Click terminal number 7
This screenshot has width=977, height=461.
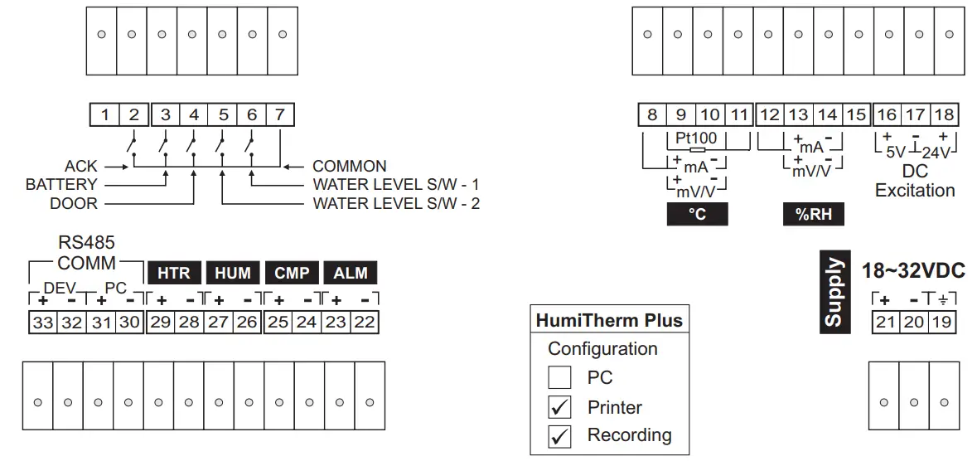pos(281,114)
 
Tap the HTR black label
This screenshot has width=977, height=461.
pos(173,273)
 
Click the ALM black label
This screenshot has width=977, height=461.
pos(350,273)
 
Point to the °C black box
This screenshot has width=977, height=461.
pos(697,214)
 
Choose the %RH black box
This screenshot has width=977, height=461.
pos(813,214)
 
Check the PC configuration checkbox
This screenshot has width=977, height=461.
pos(560,378)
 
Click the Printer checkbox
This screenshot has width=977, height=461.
pos(560,407)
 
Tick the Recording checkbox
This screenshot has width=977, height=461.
pos(560,435)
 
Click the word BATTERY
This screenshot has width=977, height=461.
pos(61,185)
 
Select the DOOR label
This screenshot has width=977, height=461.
pos(74,203)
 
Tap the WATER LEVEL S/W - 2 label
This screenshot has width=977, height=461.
pos(396,203)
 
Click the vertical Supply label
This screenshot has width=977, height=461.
pos(834,292)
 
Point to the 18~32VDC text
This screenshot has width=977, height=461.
pos(914,271)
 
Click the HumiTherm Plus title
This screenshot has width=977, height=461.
pos(609,321)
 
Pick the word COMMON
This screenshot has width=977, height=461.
pos(349,167)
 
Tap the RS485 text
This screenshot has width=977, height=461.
pos(86,243)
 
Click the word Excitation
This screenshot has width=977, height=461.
pos(915,191)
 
